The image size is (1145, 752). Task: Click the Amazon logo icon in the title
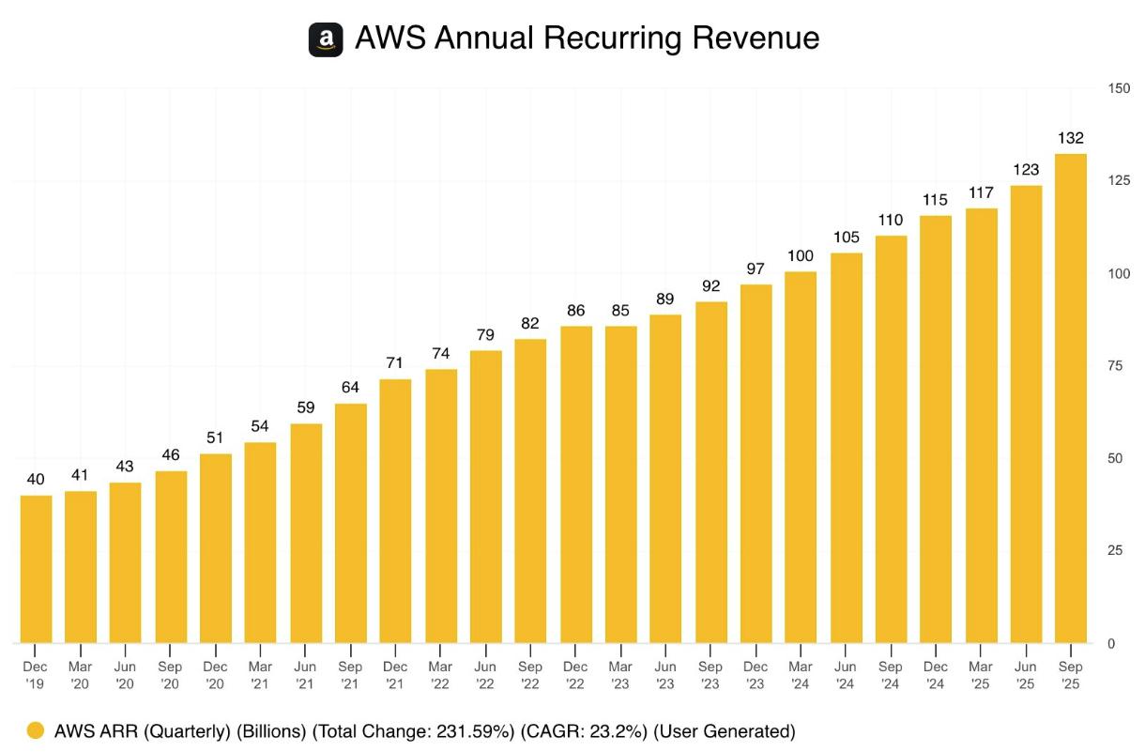click(x=326, y=39)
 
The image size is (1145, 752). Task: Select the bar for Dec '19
click(x=36, y=569)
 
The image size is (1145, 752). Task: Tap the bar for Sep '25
click(x=1071, y=399)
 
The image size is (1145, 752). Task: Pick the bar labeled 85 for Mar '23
click(x=620, y=484)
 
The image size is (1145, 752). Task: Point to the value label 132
click(x=1071, y=138)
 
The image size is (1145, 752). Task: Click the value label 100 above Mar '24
click(x=801, y=256)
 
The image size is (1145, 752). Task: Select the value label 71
click(x=395, y=363)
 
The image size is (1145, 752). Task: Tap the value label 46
click(x=171, y=455)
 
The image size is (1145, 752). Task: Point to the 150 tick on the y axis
click(x=1118, y=88)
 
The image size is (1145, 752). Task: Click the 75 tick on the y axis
click(x=1114, y=366)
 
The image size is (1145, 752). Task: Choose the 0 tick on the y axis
click(x=1111, y=643)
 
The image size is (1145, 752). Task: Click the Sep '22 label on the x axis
click(x=530, y=674)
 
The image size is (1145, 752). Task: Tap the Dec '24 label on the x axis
click(x=936, y=674)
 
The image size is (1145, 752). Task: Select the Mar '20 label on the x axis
click(x=81, y=674)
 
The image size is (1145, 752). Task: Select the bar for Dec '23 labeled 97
click(x=756, y=464)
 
